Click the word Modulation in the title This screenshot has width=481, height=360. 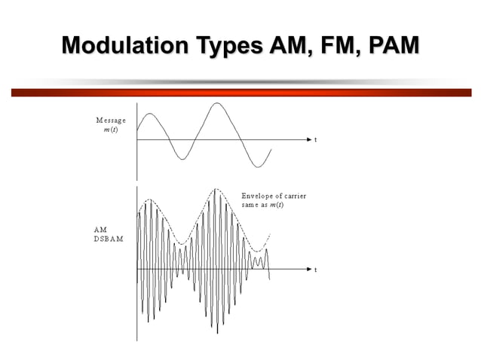pyautogui.click(x=120, y=46)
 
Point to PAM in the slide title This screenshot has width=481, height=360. pyautogui.click(x=393, y=46)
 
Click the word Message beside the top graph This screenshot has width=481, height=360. pyautogui.click(x=111, y=121)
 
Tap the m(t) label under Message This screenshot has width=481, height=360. pyautogui.click(x=110, y=130)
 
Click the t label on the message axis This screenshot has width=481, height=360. pyautogui.click(x=315, y=141)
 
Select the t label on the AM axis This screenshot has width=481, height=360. pyautogui.click(x=315, y=270)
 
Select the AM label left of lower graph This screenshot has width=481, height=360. pyautogui.click(x=100, y=229)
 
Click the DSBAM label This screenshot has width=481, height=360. pyautogui.click(x=109, y=238)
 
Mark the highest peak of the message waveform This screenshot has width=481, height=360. pyautogui.click(x=217, y=103)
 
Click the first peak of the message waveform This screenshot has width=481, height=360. pyautogui.click(x=150, y=114)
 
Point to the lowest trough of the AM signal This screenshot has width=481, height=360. pyautogui.click(x=217, y=332)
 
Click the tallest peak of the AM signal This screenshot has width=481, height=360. pyautogui.click(x=216, y=190)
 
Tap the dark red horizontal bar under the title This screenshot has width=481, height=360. pyautogui.click(x=240, y=93)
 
